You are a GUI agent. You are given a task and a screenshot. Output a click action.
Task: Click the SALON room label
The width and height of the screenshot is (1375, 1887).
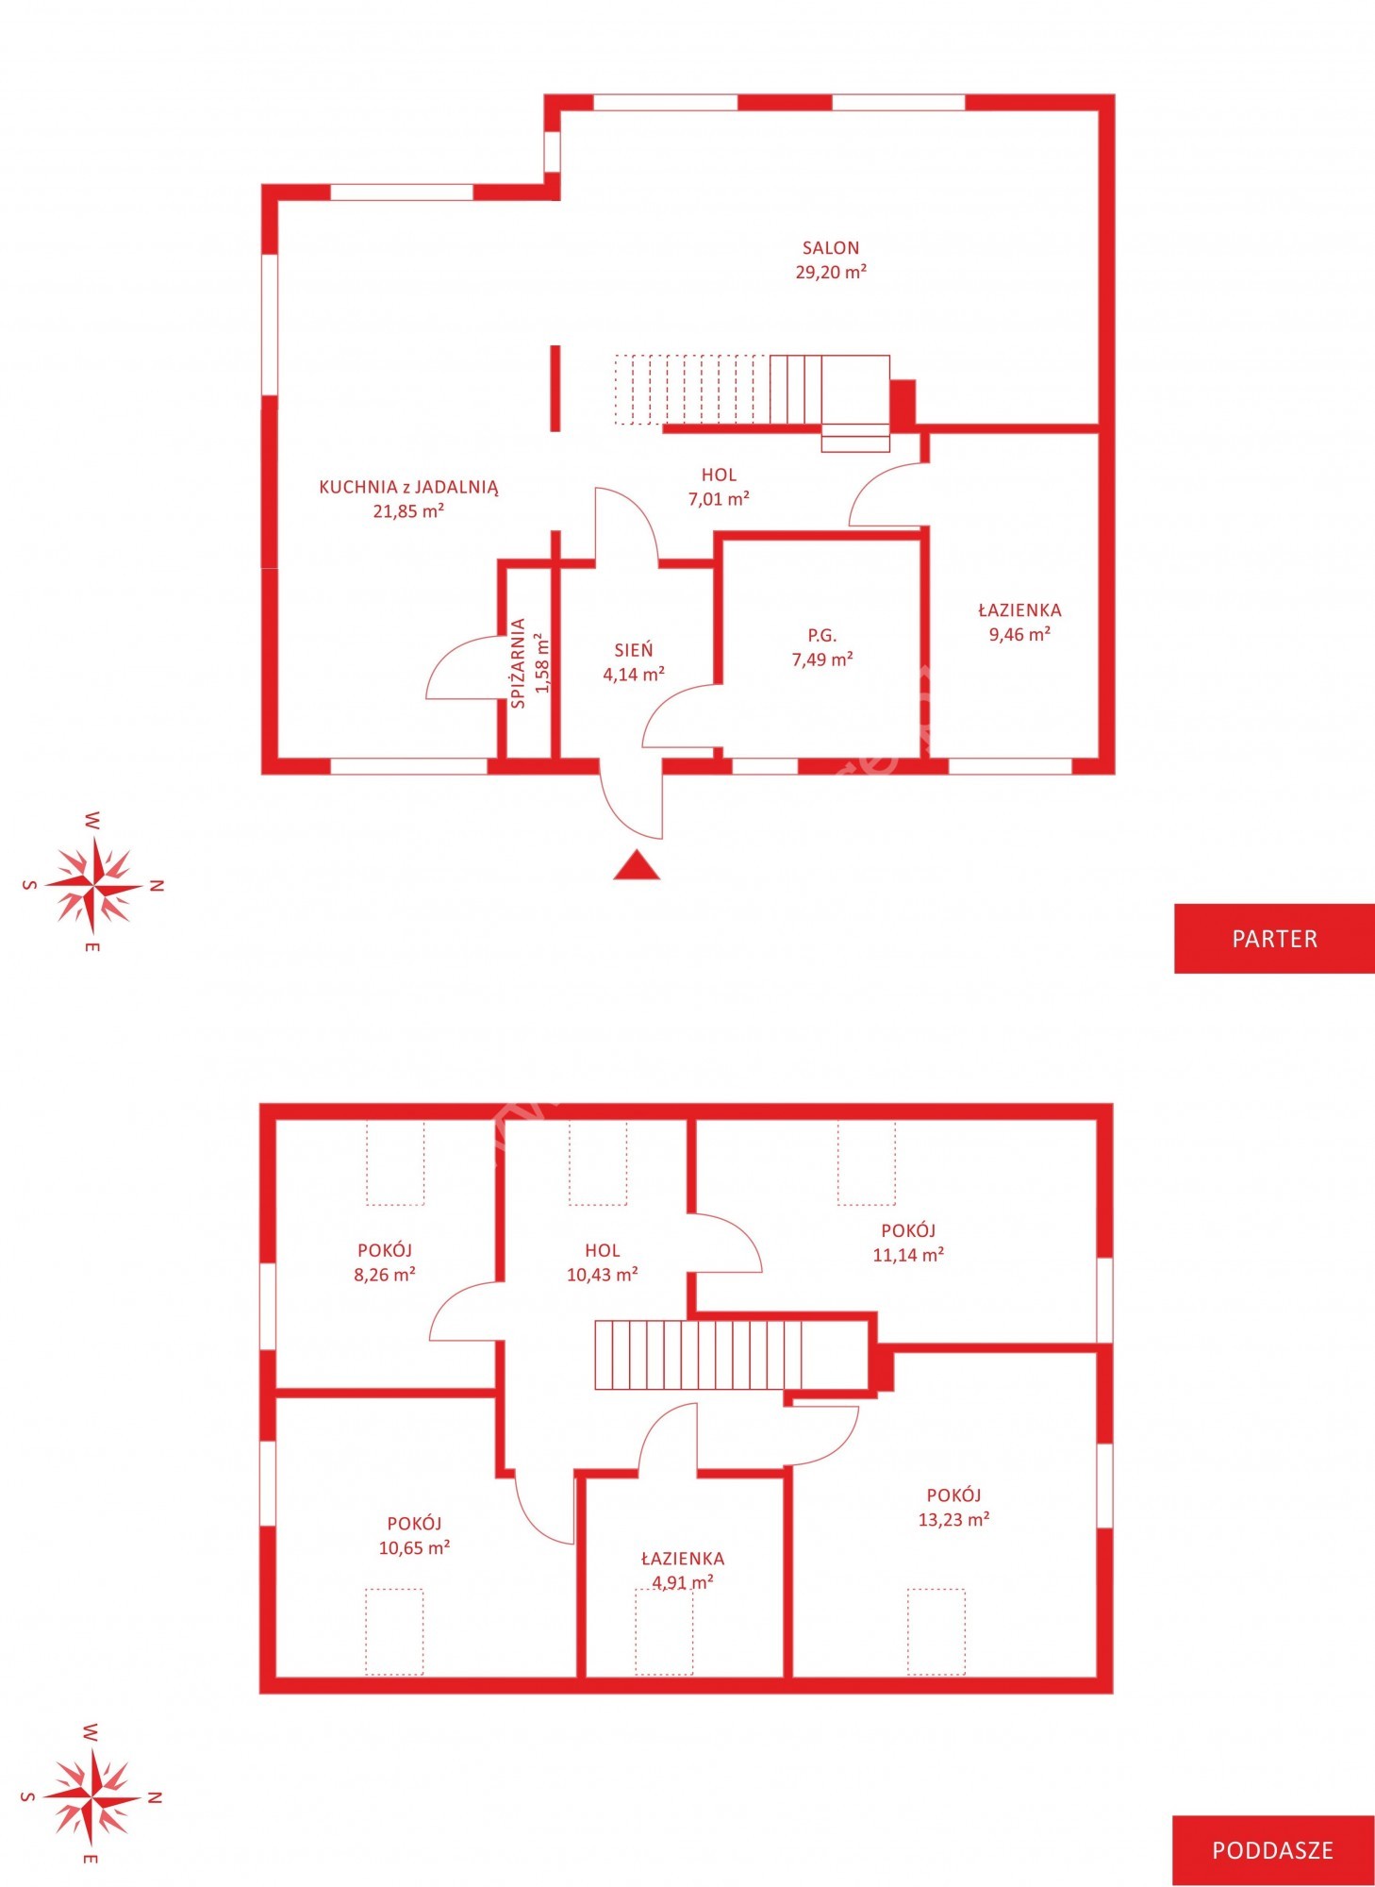(x=831, y=248)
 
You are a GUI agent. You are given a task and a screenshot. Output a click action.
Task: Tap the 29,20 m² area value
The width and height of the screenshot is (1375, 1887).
(x=831, y=272)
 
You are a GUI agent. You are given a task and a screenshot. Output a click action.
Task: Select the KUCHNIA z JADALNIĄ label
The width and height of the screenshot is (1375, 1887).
(x=408, y=488)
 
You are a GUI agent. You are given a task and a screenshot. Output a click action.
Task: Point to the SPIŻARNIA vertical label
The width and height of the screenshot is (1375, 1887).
(x=519, y=663)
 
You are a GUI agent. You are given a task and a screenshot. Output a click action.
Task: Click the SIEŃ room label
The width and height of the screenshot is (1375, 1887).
(x=634, y=650)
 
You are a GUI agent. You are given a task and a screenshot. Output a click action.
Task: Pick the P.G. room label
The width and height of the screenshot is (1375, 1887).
(x=822, y=636)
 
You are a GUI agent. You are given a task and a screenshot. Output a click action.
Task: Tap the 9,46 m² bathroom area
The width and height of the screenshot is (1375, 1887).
(x=1019, y=634)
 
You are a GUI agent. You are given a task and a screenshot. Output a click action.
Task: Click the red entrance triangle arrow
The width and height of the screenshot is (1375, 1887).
(x=637, y=865)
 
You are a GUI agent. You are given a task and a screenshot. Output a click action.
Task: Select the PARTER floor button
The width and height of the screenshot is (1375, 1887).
(x=1274, y=939)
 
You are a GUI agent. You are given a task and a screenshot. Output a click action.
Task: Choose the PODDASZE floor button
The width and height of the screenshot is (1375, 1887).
(x=1273, y=1850)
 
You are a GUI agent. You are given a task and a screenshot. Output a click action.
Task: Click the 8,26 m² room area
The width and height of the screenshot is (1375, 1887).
(x=385, y=1275)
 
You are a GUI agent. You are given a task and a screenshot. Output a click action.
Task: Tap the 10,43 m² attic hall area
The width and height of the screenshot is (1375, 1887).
(x=603, y=1275)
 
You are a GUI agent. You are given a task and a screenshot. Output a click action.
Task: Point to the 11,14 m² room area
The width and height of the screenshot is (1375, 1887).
(x=908, y=1255)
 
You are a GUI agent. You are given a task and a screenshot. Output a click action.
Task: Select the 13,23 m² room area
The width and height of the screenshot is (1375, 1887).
(x=953, y=1519)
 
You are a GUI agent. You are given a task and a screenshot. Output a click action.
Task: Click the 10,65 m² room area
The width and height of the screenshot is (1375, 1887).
(x=414, y=1547)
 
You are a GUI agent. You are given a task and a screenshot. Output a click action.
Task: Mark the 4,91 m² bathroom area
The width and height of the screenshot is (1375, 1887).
(x=682, y=1582)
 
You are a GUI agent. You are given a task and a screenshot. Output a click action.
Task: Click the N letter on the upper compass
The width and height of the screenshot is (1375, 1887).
(x=157, y=886)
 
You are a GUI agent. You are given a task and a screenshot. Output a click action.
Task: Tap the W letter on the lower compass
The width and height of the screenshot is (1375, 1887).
(x=91, y=1731)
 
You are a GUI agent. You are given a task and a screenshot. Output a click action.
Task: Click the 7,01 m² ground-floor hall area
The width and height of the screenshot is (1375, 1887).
(x=719, y=499)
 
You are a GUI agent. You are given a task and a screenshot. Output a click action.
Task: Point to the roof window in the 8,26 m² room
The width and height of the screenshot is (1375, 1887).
(x=395, y=1162)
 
